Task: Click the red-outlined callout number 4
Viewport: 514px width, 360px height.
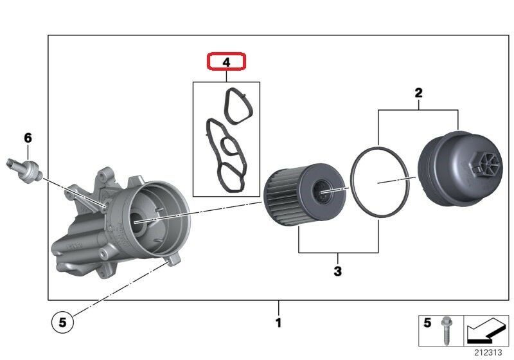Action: [226, 62]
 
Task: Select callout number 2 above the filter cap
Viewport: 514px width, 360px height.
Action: [418, 93]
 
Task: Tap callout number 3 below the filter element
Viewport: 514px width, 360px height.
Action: [338, 271]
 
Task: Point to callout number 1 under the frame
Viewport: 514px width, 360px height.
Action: [278, 323]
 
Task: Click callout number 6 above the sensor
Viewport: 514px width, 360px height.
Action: [28, 138]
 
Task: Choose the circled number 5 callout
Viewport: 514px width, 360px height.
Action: [62, 323]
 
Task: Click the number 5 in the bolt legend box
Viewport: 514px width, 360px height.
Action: [427, 323]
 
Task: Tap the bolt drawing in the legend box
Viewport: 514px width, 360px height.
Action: [445, 330]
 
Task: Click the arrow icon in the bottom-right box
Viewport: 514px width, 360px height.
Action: [486, 330]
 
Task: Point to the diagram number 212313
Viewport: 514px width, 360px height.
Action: [488, 352]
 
